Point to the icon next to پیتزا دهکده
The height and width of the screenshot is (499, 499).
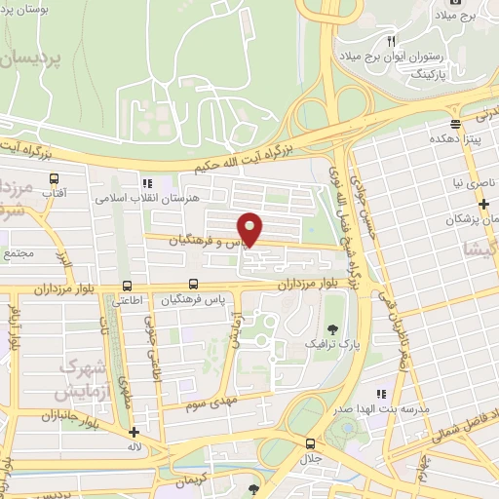tap(455, 124)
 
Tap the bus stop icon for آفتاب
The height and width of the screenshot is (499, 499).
tap(54, 179)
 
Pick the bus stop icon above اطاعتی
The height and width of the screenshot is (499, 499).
tap(128, 286)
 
